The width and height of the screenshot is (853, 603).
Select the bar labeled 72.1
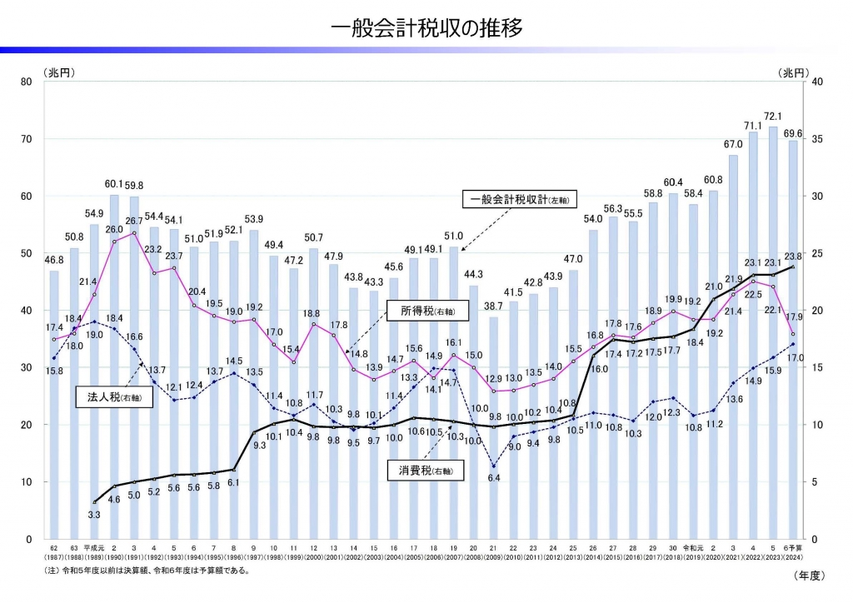[x=773, y=333]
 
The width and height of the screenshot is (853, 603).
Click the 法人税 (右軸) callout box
[x=107, y=398]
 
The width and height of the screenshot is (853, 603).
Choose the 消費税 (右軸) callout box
[x=422, y=471]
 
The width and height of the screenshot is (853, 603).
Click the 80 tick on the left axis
[x=27, y=82]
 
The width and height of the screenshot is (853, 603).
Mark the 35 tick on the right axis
[x=816, y=139]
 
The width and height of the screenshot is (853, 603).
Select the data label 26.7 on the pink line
[x=135, y=222]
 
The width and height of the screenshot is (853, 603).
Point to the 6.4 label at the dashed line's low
[x=494, y=478]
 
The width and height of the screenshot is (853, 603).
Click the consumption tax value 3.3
[x=93, y=516]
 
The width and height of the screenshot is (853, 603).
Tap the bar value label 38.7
[x=493, y=307]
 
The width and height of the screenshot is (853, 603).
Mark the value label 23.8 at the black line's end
[x=794, y=257]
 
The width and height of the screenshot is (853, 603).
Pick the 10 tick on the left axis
[x=27, y=482]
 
